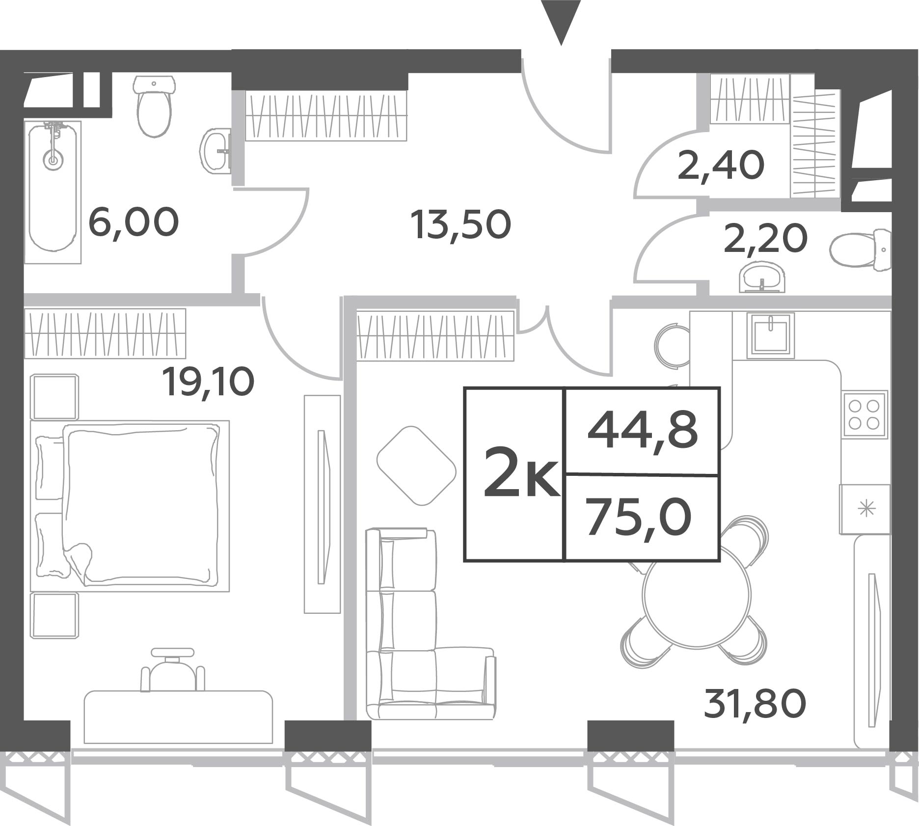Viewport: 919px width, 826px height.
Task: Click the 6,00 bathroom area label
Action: tap(134, 222)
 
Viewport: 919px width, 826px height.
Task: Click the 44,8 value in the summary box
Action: tap(643, 431)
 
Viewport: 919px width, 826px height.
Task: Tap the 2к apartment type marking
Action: tap(521, 472)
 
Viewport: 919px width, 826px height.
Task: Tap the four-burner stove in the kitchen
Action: tap(865, 414)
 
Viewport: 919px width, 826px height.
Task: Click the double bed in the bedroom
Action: tap(130, 506)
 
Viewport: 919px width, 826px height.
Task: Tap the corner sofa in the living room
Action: tap(430, 623)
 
